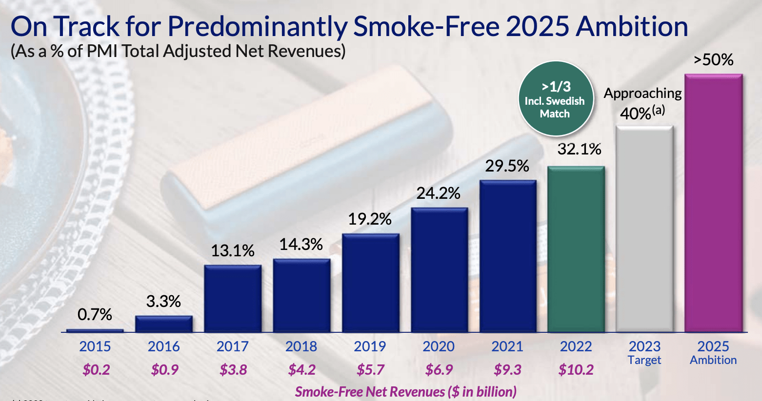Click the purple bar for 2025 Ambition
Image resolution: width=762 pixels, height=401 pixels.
713,203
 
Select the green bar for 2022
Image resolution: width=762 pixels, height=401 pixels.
576,249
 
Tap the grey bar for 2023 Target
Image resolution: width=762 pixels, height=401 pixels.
644,229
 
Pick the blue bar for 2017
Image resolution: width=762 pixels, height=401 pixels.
233,298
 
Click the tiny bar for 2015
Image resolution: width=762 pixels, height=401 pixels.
95,330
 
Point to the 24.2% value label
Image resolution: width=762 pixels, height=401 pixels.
438,193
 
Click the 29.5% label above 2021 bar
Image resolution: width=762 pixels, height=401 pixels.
507,166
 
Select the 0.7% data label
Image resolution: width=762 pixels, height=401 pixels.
95,315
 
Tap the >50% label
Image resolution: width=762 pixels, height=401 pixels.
713,60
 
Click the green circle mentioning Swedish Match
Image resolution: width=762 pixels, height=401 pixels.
555,99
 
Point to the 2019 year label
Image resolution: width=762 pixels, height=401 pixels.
370,346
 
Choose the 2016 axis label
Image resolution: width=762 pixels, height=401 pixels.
164,346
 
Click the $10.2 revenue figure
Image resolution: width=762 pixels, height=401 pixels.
576,370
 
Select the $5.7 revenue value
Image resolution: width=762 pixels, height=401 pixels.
370,370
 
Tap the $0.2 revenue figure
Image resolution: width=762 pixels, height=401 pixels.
96,370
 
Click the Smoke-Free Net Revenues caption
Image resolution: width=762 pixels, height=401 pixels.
405,391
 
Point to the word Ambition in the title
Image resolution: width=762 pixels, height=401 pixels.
632,26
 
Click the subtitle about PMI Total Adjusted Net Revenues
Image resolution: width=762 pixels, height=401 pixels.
178,51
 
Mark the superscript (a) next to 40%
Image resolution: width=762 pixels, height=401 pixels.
659,110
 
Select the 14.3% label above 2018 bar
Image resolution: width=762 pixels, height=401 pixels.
301,244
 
